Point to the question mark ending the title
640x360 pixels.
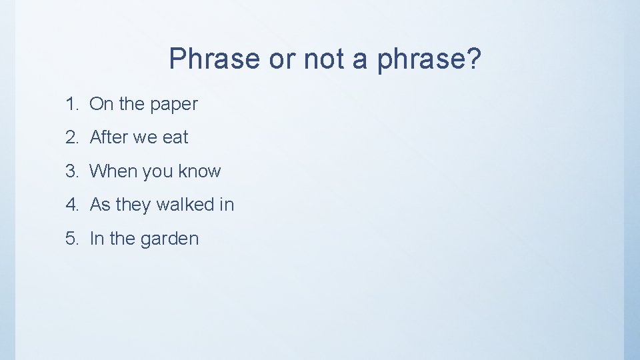(473, 59)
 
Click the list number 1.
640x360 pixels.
(71, 104)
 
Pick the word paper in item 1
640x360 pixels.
(174, 105)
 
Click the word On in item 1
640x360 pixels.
(101, 104)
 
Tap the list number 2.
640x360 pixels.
(71, 137)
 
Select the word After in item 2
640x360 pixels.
(109, 137)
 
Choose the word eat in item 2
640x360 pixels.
(175, 137)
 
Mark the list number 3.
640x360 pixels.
(71, 171)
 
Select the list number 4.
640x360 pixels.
(71, 205)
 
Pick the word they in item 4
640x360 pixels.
(133, 205)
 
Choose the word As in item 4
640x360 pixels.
(100, 205)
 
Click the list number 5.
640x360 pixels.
(71, 239)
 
